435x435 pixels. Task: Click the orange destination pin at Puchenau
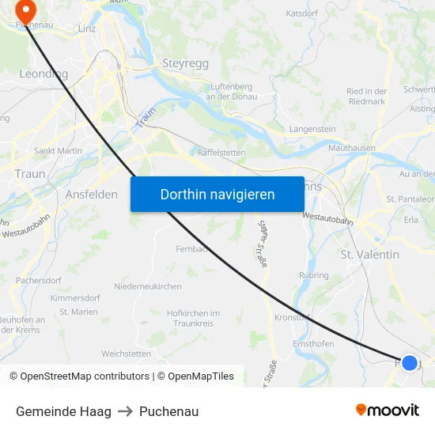pos(26,11)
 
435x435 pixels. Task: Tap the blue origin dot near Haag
pos(409,363)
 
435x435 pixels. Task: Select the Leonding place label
pos(43,74)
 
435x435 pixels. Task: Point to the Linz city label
pos(87,28)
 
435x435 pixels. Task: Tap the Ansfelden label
pos(92,194)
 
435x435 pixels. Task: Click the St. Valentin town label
pos(369,254)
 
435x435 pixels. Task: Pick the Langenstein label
pos(313,128)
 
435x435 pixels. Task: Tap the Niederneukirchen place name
pos(148,286)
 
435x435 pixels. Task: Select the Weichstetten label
pos(126,354)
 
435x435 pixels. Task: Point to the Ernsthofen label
pos(313,344)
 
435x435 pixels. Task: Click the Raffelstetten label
pos(221,153)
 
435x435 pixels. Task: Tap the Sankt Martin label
pos(58,150)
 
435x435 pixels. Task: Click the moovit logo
pos(388,410)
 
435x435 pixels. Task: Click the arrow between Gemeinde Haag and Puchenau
pos(125,411)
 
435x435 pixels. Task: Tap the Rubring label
pos(314,275)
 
